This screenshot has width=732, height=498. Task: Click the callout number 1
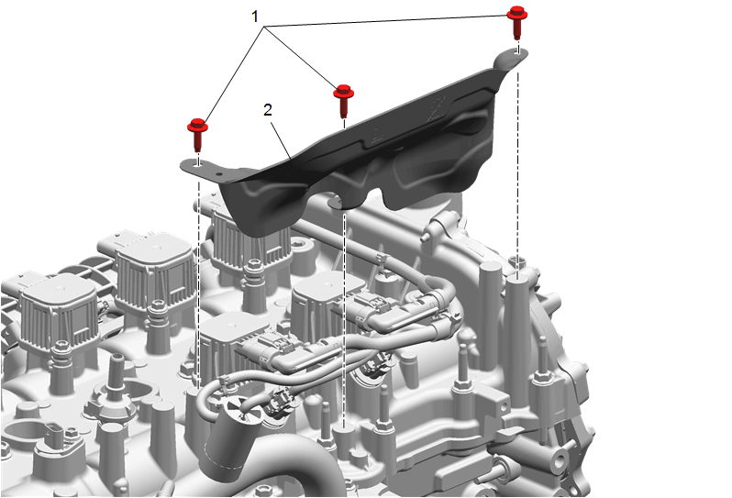tap(254, 17)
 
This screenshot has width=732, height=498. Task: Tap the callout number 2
tap(268, 110)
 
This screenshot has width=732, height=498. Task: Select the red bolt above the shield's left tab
tap(197, 135)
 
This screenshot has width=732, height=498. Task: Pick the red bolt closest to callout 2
tap(344, 100)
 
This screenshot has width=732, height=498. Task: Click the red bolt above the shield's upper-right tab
tap(516, 22)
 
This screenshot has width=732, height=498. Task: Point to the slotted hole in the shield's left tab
tap(199, 163)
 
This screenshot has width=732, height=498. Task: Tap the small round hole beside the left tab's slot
tap(218, 172)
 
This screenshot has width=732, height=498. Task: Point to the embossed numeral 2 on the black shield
tap(438, 108)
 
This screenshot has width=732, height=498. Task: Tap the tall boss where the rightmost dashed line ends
tap(517, 322)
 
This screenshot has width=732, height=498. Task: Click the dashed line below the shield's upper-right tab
tap(517, 159)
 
